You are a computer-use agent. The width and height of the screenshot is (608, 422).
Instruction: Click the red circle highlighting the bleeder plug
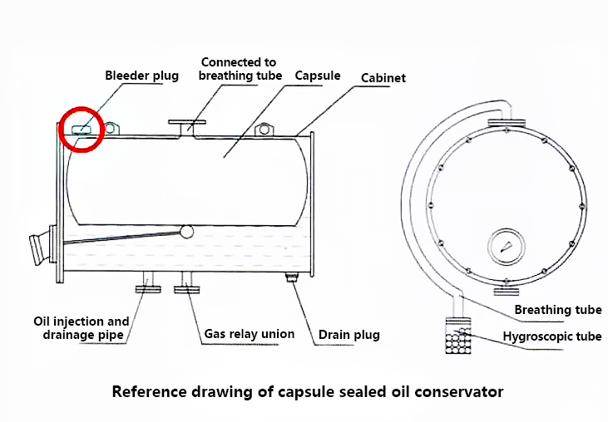pyautogui.click(x=80, y=129)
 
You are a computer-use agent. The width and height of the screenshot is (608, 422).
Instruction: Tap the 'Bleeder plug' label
pyautogui.click(x=141, y=76)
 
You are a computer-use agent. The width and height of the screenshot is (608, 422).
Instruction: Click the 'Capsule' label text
pyautogui.click(x=318, y=76)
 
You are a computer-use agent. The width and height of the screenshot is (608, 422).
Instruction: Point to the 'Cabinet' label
pyautogui.click(x=383, y=78)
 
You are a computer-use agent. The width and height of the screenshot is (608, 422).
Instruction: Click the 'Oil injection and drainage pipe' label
pyautogui.click(x=82, y=328)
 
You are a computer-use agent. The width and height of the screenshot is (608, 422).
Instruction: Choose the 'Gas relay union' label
pyautogui.click(x=250, y=334)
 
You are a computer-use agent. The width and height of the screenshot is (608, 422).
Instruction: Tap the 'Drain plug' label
pyautogui.click(x=349, y=335)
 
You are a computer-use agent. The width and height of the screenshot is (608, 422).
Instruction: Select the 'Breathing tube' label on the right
pyautogui.click(x=557, y=310)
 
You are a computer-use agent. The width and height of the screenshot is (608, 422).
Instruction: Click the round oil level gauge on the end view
pyautogui.click(x=507, y=246)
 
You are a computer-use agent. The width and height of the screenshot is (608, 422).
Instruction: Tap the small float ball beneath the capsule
pyautogui.click(x=186, y=232)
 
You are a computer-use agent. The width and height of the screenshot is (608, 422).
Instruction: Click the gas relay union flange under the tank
pyautogui.click(x=185, y=288)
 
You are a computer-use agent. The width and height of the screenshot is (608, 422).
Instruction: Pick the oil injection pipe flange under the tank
pyautogui.click(x=148, y=287)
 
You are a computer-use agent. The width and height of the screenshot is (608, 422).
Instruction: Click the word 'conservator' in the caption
pyautogui.click(x=460, y=390)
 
